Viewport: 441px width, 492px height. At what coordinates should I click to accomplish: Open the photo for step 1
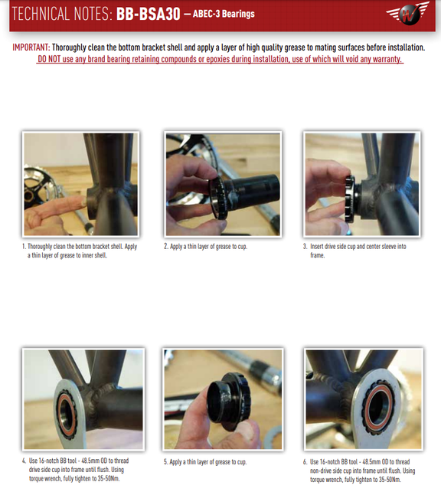coord(80,184)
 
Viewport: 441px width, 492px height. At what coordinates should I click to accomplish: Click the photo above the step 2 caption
coord(221,184)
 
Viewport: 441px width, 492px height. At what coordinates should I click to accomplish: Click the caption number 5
coord(166,462)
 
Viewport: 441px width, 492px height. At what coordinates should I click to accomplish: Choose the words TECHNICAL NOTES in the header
coord(61,15)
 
